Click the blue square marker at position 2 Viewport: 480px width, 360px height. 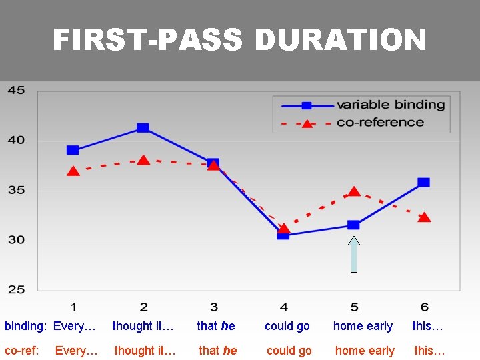143,128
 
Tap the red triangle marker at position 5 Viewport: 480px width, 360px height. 354,192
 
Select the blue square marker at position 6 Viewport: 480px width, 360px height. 423,182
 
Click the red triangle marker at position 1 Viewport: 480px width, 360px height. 73,171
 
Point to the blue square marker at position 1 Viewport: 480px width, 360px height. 73,150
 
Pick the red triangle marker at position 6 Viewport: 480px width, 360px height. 424,217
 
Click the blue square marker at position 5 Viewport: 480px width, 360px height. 353,225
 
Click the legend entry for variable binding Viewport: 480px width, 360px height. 391,105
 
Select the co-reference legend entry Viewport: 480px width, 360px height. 380,123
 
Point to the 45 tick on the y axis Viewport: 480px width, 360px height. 17,91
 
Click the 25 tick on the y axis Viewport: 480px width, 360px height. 17,289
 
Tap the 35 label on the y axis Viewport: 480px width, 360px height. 17,190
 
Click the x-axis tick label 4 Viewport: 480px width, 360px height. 284,307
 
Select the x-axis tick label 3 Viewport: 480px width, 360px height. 213,307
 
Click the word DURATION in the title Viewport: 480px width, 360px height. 340,41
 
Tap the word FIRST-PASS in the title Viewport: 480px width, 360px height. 148,41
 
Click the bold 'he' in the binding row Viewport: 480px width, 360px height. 228,326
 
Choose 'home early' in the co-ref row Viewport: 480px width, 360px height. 365,351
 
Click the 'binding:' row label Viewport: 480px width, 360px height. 26,326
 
